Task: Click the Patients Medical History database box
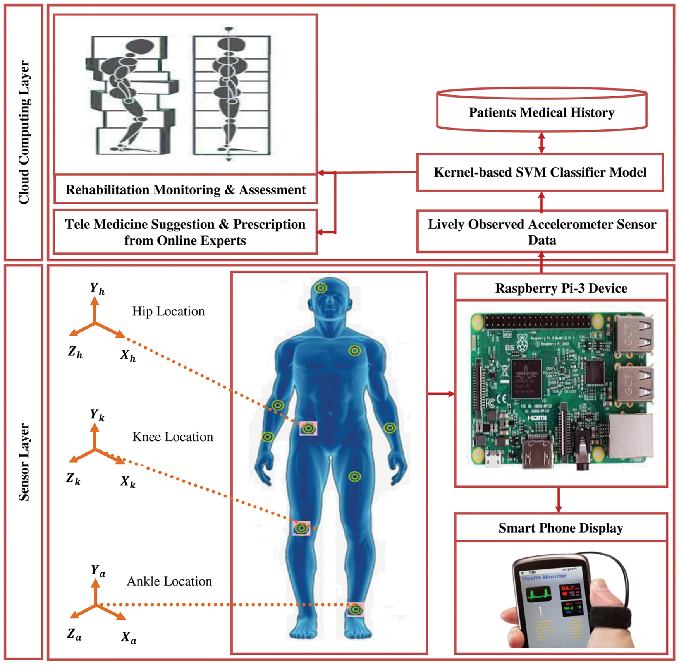point(541,112)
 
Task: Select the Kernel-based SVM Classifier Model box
point(540,172)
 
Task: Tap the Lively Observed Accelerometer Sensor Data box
point(542,232)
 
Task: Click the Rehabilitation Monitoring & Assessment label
point(186,190)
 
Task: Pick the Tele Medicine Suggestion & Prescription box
point(185,232)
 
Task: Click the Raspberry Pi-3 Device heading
point(561,288)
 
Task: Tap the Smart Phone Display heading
point(560,528)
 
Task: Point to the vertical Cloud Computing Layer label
point(24,132)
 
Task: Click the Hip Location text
point(168,311)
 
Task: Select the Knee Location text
point(172,437)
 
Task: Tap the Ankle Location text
point(169,581)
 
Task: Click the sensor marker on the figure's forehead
point(321,288)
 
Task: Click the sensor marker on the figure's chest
point(354,351)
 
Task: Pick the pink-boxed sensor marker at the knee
point(301,528)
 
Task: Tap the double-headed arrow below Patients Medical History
point(541,142)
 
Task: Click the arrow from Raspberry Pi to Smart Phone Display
point(558,500)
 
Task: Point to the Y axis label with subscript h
point(97,288)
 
